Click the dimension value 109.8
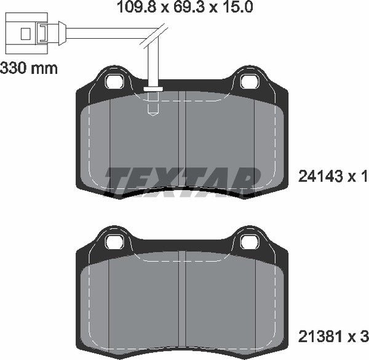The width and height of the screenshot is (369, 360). pyautogui.click(x=132, y=8)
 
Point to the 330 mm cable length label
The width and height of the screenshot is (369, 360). pyautogui.click(x=29, y=68)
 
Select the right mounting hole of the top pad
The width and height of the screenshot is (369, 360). pyautogui.click(x=249, y=82)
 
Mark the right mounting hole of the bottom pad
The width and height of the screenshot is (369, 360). pyautogui.click(x=249, y=241)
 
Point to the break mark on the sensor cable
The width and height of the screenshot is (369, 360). pyautogui.click(x=153, y=38)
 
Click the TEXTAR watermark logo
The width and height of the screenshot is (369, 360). pyautogui.click(x=182, y=180)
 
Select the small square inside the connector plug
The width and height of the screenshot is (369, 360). pyautogui.click(x=25, y=32)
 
